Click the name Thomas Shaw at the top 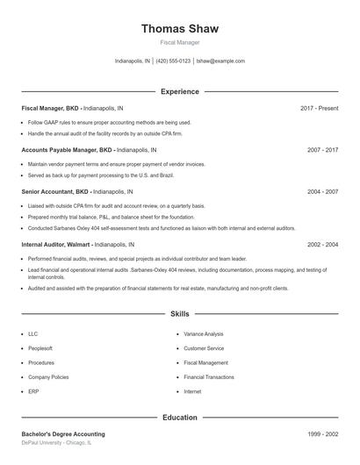pos(179,29)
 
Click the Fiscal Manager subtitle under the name pos(179,42)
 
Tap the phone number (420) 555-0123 pos(174,61)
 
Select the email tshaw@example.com pos(220,61)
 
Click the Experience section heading pos(179,91)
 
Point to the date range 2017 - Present pos(319,108)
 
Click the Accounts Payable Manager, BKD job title pos(68,150)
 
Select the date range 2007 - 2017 pos(322,150)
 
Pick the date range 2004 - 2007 pos(322,191)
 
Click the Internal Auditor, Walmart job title pos(56,245)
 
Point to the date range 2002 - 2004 pos(322,245)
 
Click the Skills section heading pos(179,313)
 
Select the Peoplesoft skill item pos(40,348)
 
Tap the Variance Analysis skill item pos(203,334)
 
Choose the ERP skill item pos(32,391)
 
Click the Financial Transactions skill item pos(208,377)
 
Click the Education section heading pos(179,418)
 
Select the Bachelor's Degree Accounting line pos(63,434)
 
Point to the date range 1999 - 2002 pos(322,434)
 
